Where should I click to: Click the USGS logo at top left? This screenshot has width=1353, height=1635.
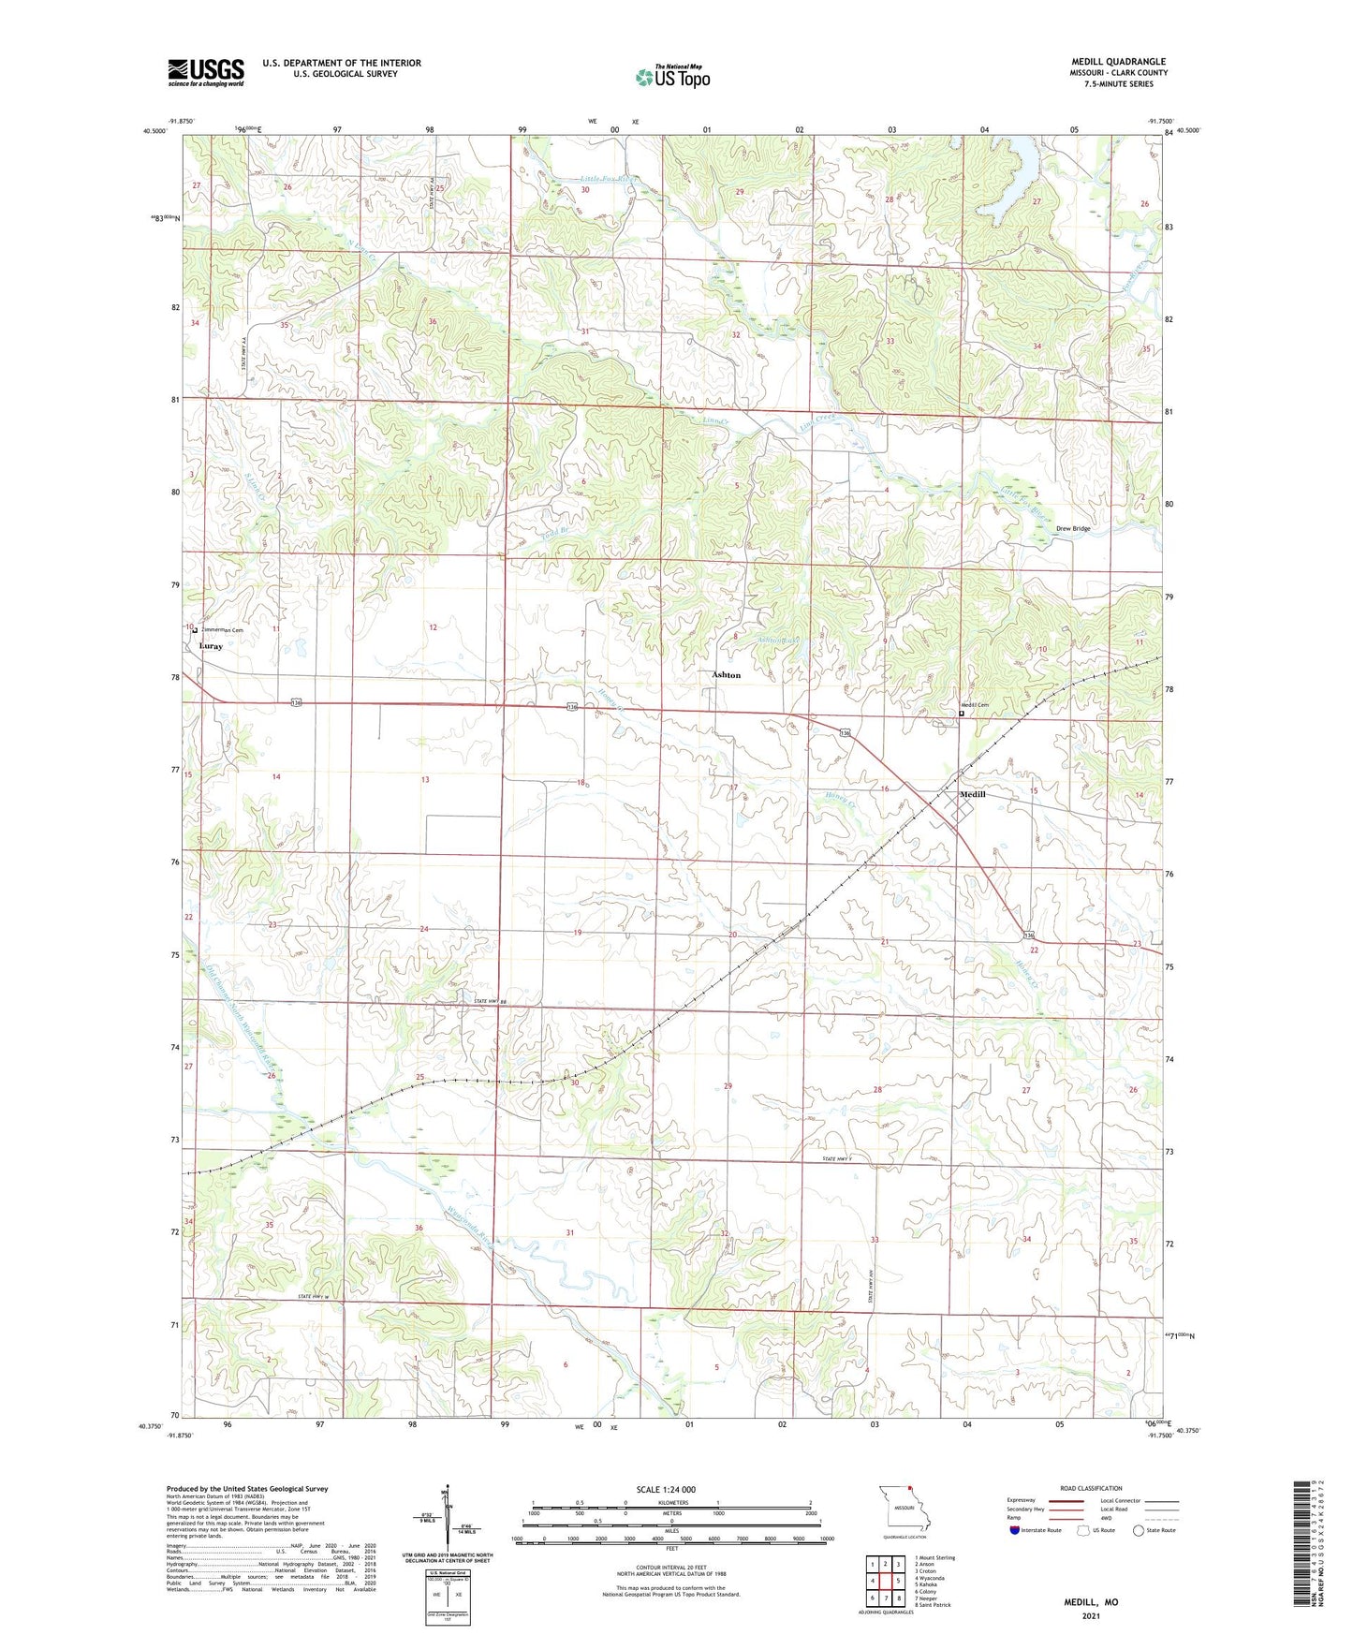(x=205, y=72)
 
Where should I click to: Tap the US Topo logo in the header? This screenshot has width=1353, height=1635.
(x=670, y=77)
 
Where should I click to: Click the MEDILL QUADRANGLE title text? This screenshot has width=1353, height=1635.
(x=1118, y=62)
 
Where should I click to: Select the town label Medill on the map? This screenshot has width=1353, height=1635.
(x=972, y=794)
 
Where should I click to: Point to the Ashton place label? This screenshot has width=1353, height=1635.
(x=726, y=675)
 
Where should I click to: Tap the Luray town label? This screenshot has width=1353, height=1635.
(x=211, y=646)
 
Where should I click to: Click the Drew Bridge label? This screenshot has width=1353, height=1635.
(x=1073, y=529)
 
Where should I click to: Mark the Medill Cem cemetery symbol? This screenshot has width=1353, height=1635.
(x=961, y=714)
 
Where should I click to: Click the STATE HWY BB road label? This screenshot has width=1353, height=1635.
(x=490, y=1003)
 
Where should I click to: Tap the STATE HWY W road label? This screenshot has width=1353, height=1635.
(x=316, y=1296)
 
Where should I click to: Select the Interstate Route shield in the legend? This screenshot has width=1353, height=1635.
(x=1015, y=1556)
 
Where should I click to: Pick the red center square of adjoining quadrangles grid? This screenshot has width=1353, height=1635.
(x=885, y=1581)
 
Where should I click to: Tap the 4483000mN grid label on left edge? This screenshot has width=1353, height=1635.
(x=166, y=218)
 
